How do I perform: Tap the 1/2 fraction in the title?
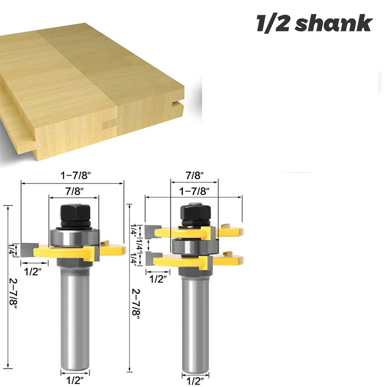274,23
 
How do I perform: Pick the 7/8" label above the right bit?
194,174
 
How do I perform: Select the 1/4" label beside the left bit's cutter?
11,250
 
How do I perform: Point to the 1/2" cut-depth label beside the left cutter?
32,272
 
